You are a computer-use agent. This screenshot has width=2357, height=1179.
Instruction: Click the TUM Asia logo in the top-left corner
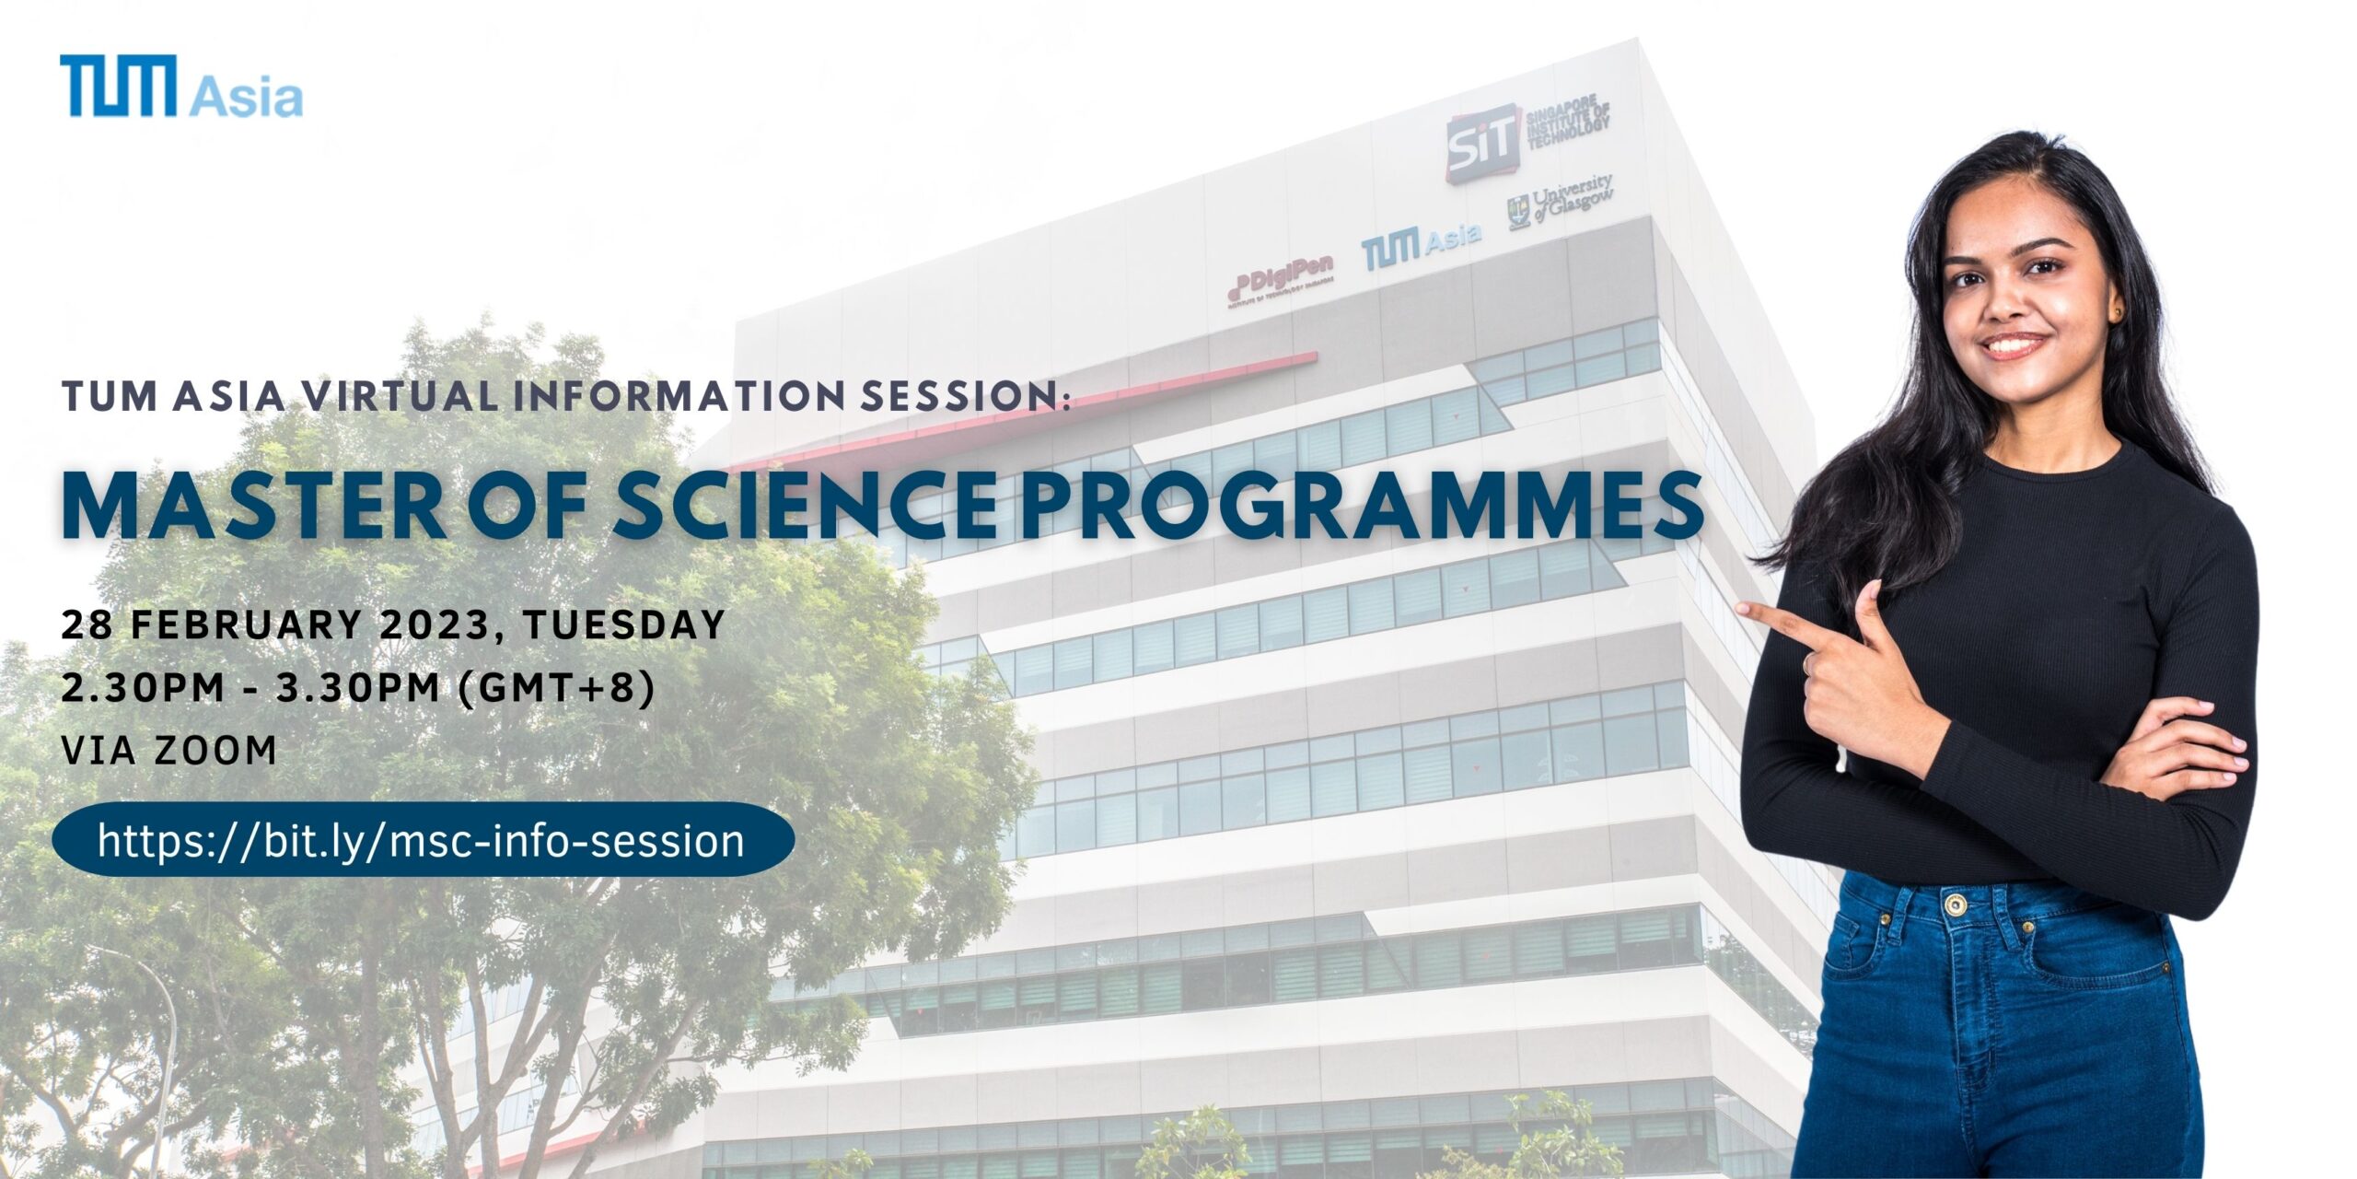181,86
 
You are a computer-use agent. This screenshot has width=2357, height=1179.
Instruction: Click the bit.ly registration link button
424,840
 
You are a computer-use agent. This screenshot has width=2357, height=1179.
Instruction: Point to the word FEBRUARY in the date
246,625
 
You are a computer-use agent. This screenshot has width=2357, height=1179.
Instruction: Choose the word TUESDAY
624,625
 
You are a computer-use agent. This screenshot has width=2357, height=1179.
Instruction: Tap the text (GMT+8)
556,688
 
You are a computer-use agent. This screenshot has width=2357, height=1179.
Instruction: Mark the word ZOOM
215,751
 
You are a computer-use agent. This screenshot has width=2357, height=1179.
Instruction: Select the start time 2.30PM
143,688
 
